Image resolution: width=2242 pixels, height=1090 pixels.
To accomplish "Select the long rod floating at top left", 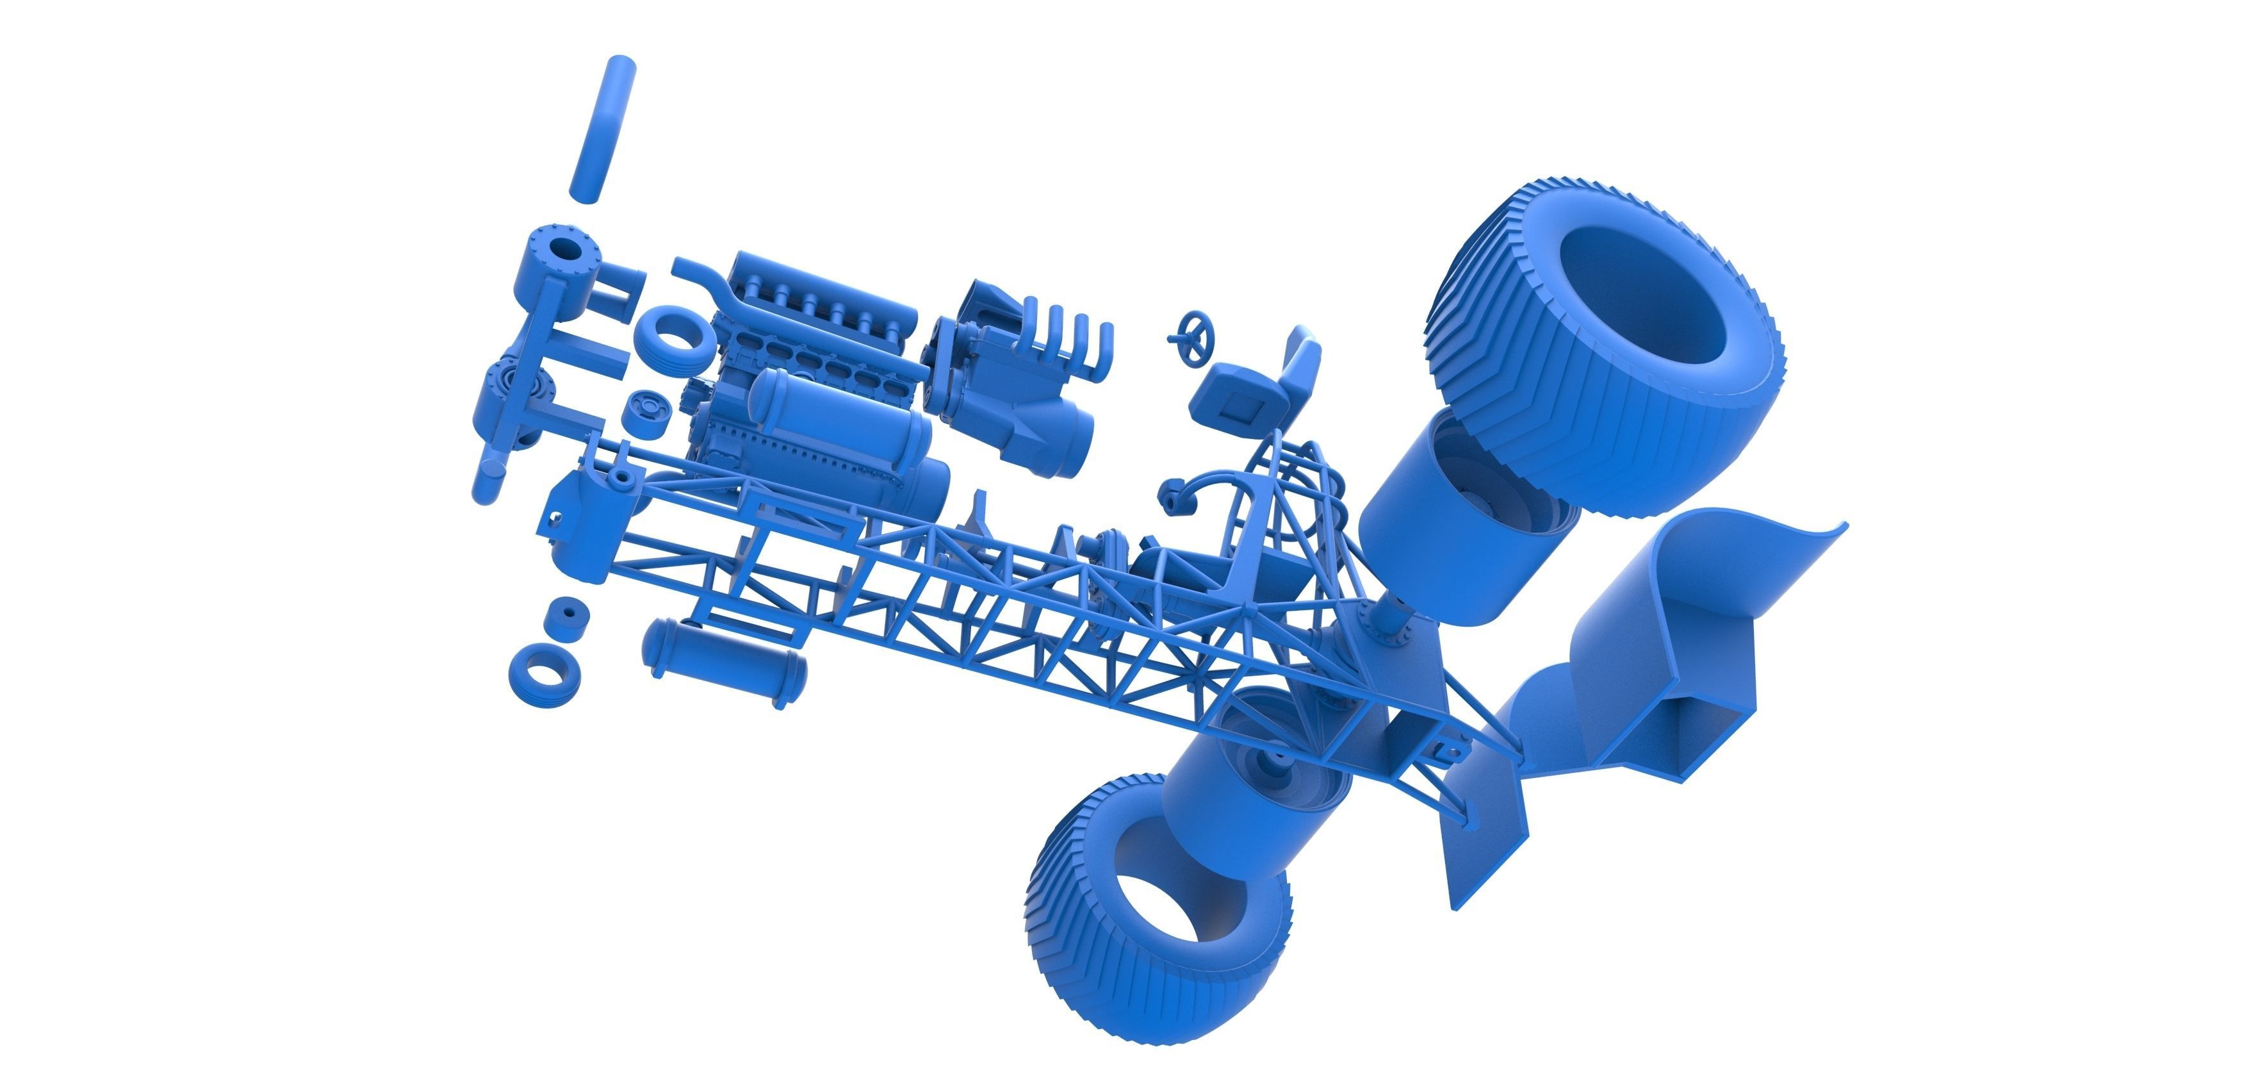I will pyautogui.click(x=602, y=129).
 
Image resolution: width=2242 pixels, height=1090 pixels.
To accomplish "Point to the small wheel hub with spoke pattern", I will pyautogui.click(x=648, y=411).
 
